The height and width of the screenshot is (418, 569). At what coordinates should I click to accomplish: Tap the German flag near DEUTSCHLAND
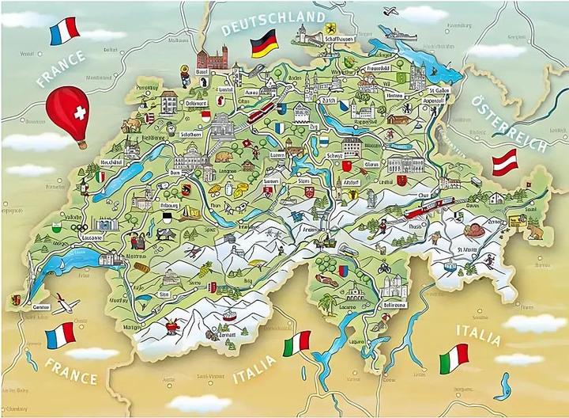262,44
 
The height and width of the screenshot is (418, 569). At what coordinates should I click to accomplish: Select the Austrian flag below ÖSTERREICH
505,161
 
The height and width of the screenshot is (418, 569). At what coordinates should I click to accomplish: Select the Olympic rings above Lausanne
77,226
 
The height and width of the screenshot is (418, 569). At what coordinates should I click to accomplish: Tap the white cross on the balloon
78,112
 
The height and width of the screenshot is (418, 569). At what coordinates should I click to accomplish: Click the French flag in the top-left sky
63,31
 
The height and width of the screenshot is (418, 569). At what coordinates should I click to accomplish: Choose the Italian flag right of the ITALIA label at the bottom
454,357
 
